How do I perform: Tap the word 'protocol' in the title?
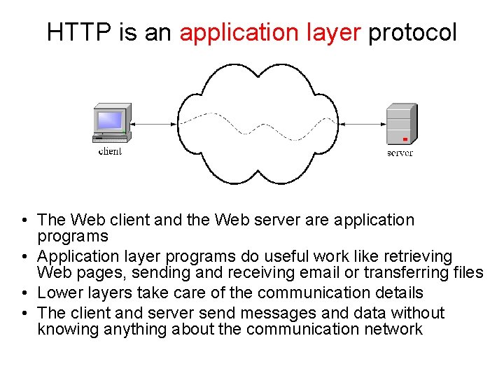[412, 32]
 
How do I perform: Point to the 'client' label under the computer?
[110, 151]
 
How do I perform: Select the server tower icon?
[401, 124]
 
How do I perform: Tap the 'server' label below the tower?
[400, 153]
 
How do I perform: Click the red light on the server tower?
[405, 139]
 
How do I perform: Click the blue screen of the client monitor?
[109, 120]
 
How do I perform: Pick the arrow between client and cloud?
[154, 125]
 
